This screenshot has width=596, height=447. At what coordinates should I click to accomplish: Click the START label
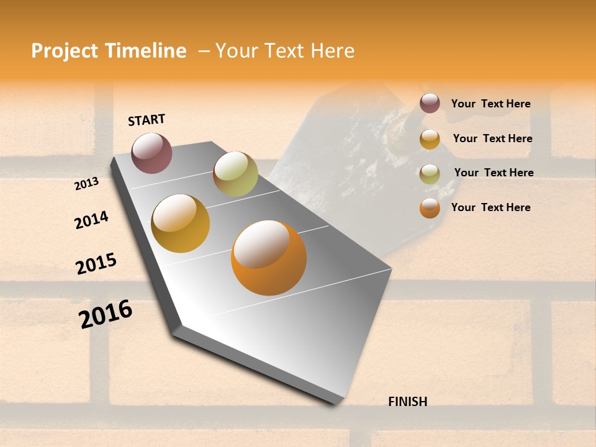coord(147,120)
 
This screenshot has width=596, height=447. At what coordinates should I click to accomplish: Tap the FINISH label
coord(407,402)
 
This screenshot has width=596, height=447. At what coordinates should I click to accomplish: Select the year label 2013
coord(86,184)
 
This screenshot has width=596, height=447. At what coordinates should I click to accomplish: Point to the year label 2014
coord(91,220)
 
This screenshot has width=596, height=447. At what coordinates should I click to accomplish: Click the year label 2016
coord(106,314)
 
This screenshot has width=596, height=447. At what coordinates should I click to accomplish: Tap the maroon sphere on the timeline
coord(151,153)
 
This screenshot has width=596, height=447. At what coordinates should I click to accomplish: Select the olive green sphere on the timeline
coord(235,174)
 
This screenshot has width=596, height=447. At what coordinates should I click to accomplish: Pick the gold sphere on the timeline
coord(181,223)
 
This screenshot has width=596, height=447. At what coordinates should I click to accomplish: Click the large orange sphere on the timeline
coord(269,258)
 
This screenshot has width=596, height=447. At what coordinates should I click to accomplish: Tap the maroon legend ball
coord(430,104)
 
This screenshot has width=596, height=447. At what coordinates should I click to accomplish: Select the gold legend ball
coord(430,139)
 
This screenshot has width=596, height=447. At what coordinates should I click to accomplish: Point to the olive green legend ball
coord(430,174)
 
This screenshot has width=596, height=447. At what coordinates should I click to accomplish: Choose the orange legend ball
coord(430,208)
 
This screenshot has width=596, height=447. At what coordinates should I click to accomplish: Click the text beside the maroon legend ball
coord(490,104)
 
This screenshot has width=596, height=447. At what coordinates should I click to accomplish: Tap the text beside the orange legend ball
coord(490,207)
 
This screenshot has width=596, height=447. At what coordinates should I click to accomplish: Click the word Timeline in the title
coord(145,51)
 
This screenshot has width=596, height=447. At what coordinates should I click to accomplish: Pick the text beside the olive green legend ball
coord(494,173)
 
